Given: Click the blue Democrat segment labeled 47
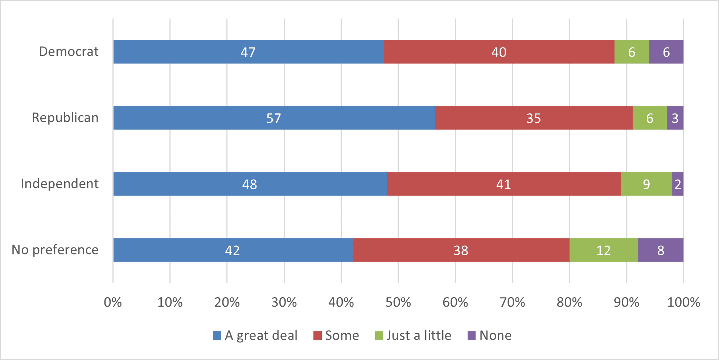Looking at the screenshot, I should click(x=248, y=52).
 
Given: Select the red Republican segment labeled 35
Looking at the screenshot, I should click(x=534, y=118).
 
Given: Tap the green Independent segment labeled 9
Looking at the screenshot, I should click(x=646, y=184).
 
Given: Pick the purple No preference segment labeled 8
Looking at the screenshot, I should click(x=661, y=250).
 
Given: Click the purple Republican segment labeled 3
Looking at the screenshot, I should click(x=675, y=118).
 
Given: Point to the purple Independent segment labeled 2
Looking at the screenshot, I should click(x=678, y=184).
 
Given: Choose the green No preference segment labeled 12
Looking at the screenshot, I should click(x=604, y=250).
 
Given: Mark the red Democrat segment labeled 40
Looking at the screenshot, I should click(x=499, y=52).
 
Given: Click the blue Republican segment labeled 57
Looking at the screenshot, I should click(x=274, y=118).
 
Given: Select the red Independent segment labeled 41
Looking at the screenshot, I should click(x=504, y=184).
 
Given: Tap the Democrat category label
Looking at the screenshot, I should click(x=69, y=52).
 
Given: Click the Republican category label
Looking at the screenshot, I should click(x=65, y=118).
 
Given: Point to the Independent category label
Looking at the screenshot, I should click(x=60, y=184).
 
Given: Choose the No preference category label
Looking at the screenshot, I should click(x=55, y=250).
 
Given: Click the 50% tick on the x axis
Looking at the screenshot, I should click(x=398, y=302).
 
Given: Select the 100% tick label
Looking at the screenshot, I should click(x=683, y=302).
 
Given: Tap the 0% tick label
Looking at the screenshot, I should click(x=113, y=302).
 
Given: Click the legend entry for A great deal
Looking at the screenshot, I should click(x=255, y=335).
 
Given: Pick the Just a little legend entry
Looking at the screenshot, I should click(x=414, y=335).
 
